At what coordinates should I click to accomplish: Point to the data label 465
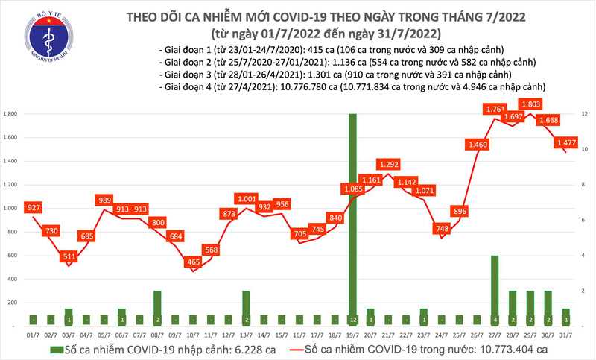(x=193, y=262)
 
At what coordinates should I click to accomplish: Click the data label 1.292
(x=389, y=164)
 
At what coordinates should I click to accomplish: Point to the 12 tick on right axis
(x=586, y=114)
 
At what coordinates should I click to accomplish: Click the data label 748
(x=443, y=229)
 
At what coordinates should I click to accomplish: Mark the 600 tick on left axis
(x=12, y=256)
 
